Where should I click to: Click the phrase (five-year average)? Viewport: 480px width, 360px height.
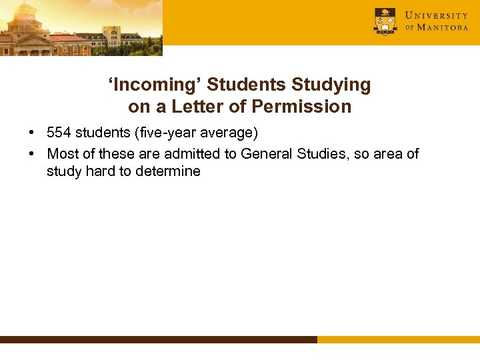pyautogui.click(x=196, y=133)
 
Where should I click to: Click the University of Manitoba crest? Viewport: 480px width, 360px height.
pyautogui.click(x=385, y=21)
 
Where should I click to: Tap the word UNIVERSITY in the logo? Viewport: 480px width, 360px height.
pyautogui.click(x=437, y=15)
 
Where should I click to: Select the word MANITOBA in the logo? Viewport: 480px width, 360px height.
pyautogui.click(x=443, y=28)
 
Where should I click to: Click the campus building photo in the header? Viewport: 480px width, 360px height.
pyautogui.click(x=80, y=27)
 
